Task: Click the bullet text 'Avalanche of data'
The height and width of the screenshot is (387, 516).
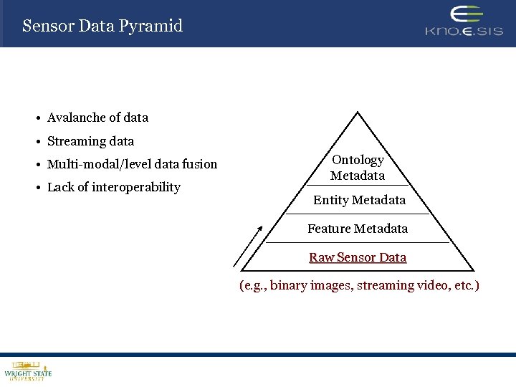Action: pyautogui.click(x=97, y=118)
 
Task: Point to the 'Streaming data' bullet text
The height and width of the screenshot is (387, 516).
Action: pyautogui.click(x=90, y=141)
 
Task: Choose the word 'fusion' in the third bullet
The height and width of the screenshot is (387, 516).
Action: pyautogui.click(x=200, y=164)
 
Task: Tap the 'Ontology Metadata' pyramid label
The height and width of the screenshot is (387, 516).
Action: pyautogui.click(x=358, y=168)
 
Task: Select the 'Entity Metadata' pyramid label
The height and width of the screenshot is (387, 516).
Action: pyautogui.click(x=359, y=200)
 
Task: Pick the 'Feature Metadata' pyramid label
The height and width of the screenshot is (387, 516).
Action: pyautogui.click(x=358, y=229)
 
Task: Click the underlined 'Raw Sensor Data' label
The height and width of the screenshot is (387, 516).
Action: pyautogui.click(x=358, y=257)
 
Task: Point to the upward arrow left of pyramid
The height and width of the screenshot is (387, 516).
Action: pyautogui.click(x=248, y=245)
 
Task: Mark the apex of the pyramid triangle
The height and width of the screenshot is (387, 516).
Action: pyautogui.click(x=357, y=113)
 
